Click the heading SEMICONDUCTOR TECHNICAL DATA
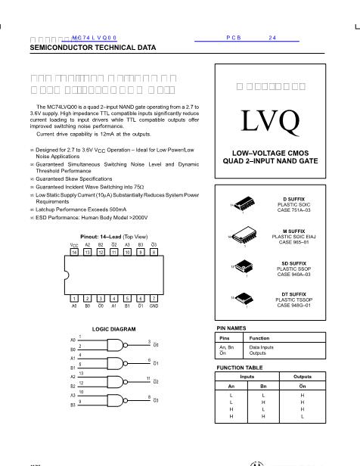(x=93, y=47)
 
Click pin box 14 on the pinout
(x=74, y=251)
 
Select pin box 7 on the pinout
(x=154, y=299)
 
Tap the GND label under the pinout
(x=154, y=306)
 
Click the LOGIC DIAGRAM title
(x=113, y=329)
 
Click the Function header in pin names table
(x=259, y=337)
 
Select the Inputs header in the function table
(x=247, y=376)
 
